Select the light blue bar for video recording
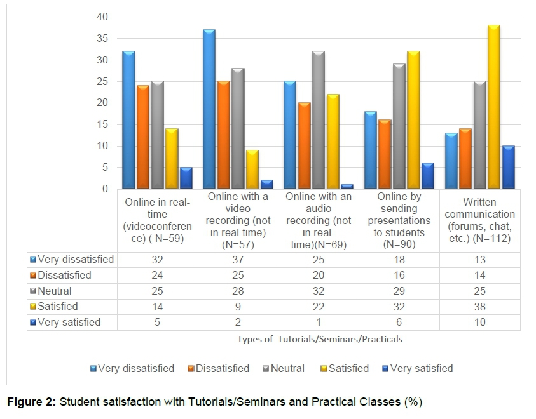coord(209,109)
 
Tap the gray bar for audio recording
coord(319,120)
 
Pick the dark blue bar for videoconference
coord(186,178)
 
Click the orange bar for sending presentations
coord(384,154)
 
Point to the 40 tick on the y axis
coord(102,17)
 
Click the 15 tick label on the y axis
coord(102,124)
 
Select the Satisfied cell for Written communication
coord(479,306)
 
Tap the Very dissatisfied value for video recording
coord(237,259)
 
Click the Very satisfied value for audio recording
coord(318,322)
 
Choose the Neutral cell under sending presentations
coord(399,291)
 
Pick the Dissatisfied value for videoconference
coord(157,275)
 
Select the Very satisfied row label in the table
coord(69,322)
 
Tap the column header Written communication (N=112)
coord(479,220)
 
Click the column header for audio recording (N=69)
coord(318,220)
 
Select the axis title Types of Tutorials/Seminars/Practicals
coord(320,339)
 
